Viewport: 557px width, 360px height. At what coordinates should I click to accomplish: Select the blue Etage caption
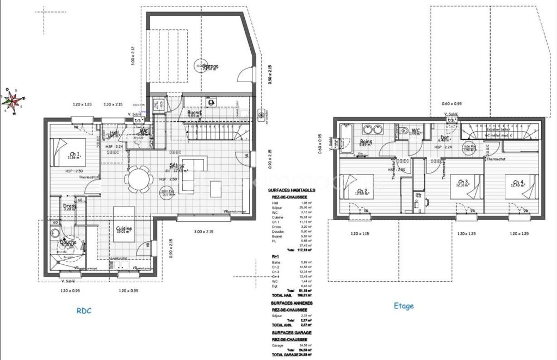tap(404, 306)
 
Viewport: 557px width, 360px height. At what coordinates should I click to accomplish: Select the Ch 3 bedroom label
tap(463, 182)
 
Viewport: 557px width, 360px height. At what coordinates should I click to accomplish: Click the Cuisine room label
tap(125, 229)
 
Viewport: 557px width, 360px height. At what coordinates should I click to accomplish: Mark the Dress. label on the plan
tap(70, 206)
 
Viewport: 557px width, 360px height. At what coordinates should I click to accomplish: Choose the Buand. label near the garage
tap(195, 113)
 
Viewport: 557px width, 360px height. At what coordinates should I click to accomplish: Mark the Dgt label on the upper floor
tap(444, 138)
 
